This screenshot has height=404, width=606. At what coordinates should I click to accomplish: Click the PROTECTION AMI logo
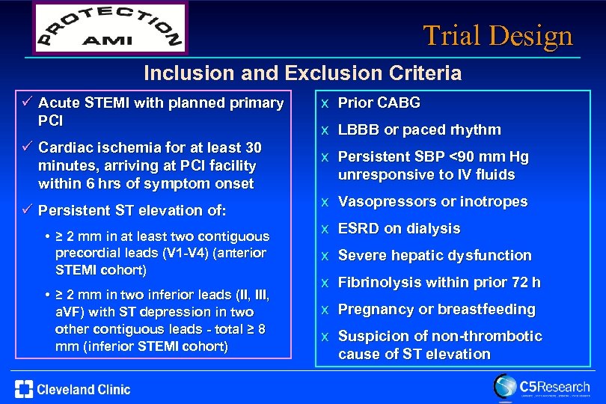(x=109, y=28)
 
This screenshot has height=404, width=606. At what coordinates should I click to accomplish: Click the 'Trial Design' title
(x=498, y=35)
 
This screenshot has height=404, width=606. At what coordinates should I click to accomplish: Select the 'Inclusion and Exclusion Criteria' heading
(x=302, y=73)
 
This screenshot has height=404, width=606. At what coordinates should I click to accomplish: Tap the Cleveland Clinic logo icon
(x=23, y=389)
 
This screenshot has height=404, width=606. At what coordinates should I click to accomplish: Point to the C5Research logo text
(x=554, y=387)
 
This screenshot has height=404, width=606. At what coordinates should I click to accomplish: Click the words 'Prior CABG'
(x=379, y=102)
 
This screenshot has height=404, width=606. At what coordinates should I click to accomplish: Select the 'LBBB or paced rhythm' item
(x=419, y=129)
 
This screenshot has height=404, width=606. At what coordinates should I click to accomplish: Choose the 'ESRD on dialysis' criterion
(x=399, y=228)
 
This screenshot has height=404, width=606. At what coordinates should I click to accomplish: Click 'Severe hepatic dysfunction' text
(x=435, y=255)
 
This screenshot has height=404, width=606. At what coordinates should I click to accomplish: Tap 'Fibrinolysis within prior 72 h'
(x=439, y=282)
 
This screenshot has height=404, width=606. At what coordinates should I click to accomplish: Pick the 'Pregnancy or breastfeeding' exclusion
(x=437, y=309)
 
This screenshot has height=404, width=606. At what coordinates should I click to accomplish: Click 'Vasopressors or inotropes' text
(x=432, y=201)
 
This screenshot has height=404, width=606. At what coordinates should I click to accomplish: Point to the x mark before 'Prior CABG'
(x=325, y=103)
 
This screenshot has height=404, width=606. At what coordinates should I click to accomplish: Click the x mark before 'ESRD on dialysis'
(x=325, y=229)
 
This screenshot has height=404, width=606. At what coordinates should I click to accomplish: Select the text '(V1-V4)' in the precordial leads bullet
(x=171, y=252)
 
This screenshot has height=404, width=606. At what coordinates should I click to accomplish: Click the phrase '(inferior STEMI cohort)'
(x=142, y=346)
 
